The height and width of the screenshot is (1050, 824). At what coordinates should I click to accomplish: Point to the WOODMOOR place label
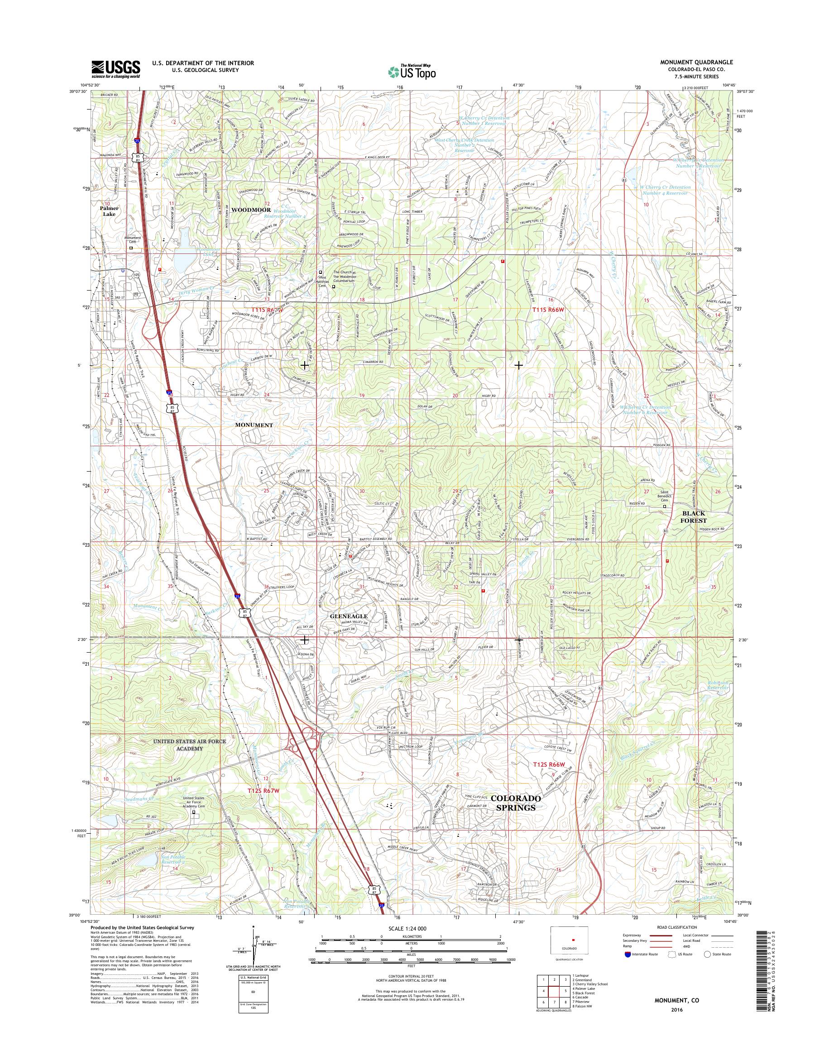pyautogui.click(x=250, y=210)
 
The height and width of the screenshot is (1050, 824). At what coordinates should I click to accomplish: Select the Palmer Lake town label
pyautogui.click(x=109, y=211)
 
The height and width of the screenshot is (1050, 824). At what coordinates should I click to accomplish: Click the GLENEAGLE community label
pyautogui.click(x=348, y=616)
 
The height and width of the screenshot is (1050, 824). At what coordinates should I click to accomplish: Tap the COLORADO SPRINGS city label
pyautogui.click(x=516, y=803)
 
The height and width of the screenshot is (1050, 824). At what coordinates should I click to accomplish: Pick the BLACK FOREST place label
pyautogui.click(x=693, y=517)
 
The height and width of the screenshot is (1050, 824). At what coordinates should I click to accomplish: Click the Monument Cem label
pyautogui.click(x=133, y=240)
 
